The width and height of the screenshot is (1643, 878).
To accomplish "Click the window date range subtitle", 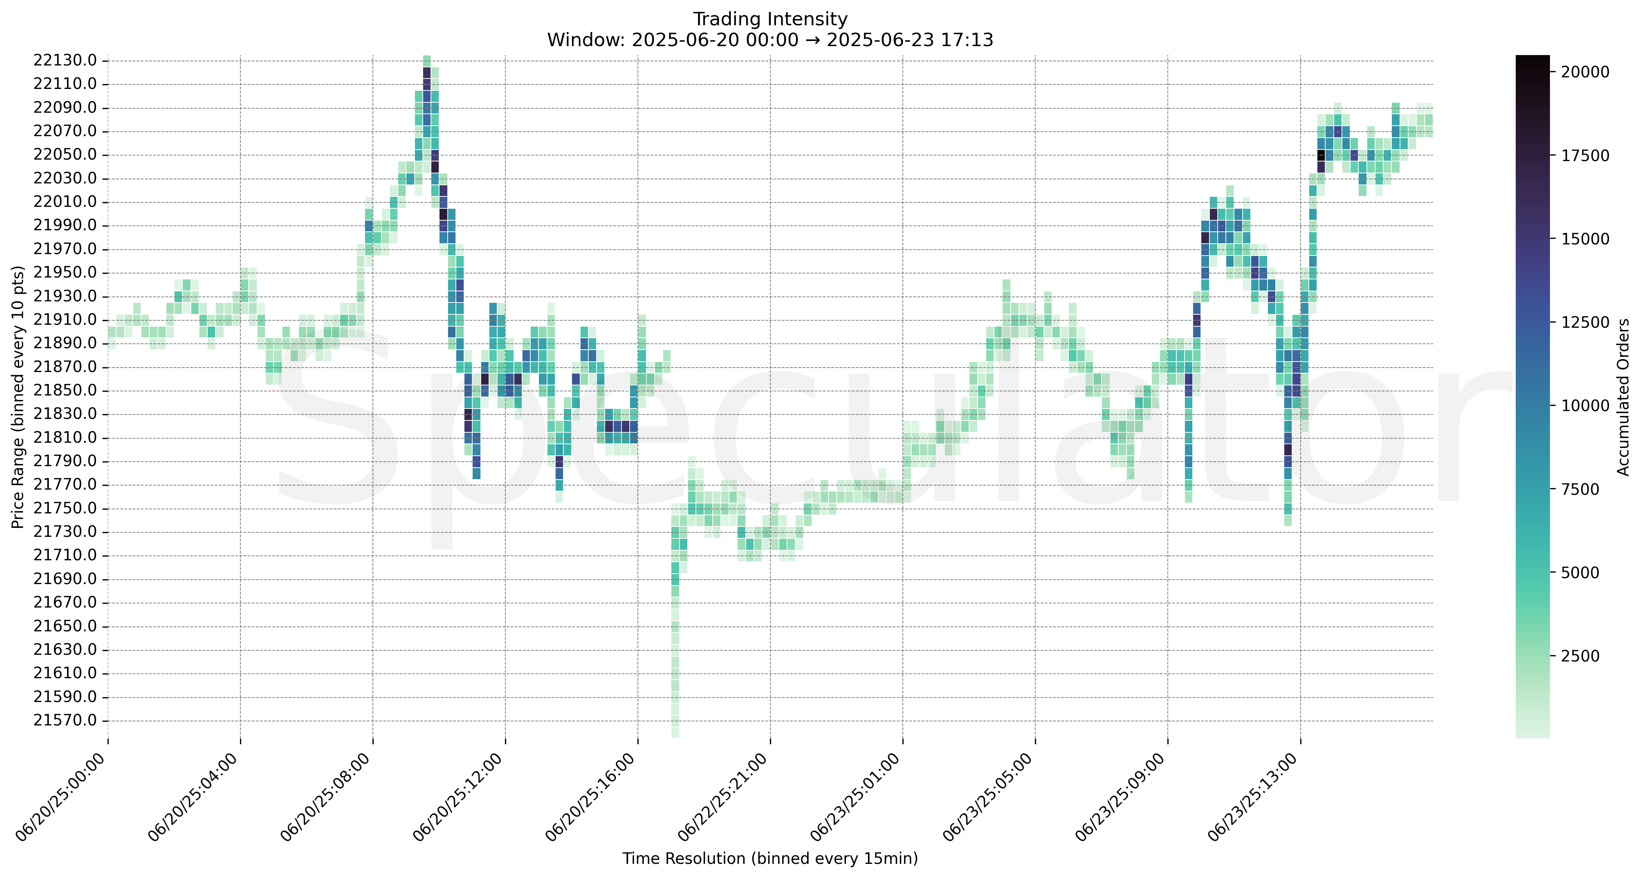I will click(770, 40).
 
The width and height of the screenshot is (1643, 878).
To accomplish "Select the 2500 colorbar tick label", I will click(1580, 656).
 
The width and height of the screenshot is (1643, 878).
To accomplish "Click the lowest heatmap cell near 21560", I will click(675, 733).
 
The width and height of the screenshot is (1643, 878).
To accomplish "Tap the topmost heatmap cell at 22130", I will click(427, 61).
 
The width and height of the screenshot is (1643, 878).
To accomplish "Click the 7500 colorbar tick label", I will click(1580, 490).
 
